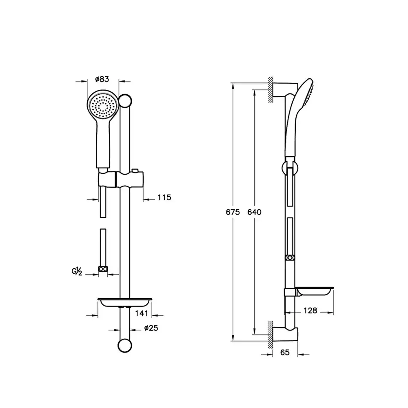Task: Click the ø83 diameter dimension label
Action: (102, 79)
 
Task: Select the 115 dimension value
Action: (164, 197)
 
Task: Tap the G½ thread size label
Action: (77, 271)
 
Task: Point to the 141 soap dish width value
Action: (142, 313)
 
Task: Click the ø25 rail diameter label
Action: (151, 328)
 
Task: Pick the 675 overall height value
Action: (233, 212)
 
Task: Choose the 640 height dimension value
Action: (254, 212)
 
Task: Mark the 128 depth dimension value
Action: (310, 310)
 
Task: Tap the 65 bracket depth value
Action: (285, 353)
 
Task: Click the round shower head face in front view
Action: (103, 106)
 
